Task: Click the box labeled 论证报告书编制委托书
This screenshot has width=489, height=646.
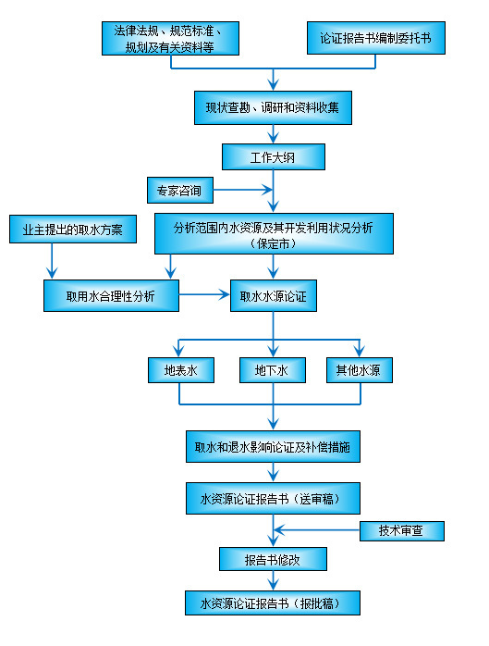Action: point(374,40)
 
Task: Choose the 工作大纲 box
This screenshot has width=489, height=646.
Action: point(273,156)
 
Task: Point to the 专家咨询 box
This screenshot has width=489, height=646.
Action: point(180,192)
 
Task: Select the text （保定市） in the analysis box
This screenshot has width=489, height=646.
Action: point(273,244)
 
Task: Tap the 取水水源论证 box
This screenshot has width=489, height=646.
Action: point(273,295)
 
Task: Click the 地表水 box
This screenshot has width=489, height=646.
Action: point(181,370)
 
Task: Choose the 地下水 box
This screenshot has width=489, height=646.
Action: point(273,370)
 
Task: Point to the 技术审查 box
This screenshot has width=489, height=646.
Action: point(403,531)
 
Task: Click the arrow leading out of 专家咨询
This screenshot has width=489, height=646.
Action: point(242,192)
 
